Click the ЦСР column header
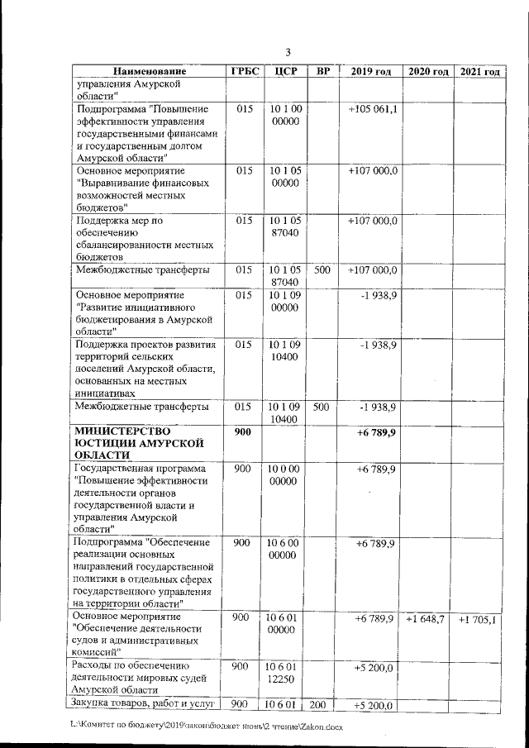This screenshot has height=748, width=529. click(284, 72)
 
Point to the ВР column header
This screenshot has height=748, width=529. click(323, 72)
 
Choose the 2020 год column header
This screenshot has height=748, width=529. click(427, 72)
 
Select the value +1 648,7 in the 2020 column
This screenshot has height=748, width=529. click(426, 619)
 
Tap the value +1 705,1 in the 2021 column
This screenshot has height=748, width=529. click(478, 619)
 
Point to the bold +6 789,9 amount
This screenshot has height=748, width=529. click(377, 432)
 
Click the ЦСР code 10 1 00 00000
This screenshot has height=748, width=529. click(284, 116)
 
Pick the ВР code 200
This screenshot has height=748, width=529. click(322, 705)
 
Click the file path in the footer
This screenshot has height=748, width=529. click(207, 726)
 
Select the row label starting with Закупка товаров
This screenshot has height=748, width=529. click(145, 704)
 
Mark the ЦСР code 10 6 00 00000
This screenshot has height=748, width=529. click(284, 549)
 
